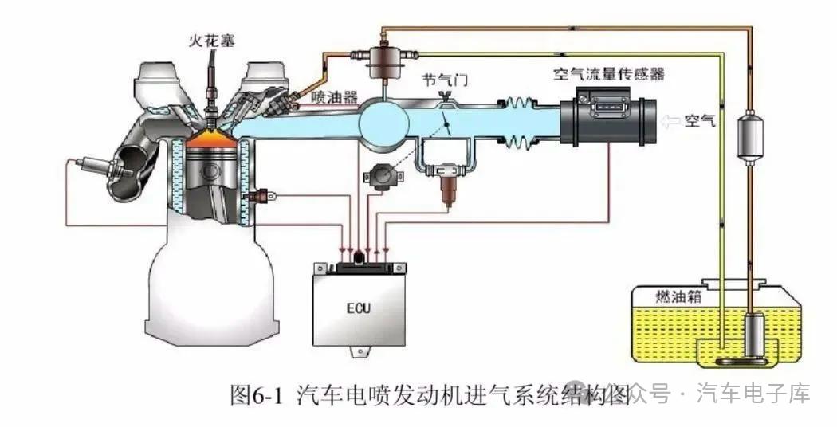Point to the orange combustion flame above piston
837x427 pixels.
[211, 139]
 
